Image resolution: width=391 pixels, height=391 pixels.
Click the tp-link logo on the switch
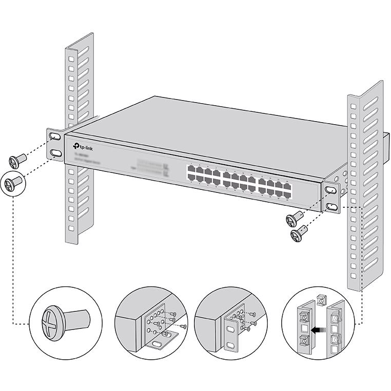83,146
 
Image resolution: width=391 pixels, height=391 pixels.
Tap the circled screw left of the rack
13,183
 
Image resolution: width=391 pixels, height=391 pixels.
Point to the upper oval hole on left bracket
55,137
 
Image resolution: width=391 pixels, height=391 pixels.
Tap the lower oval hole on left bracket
55,153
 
